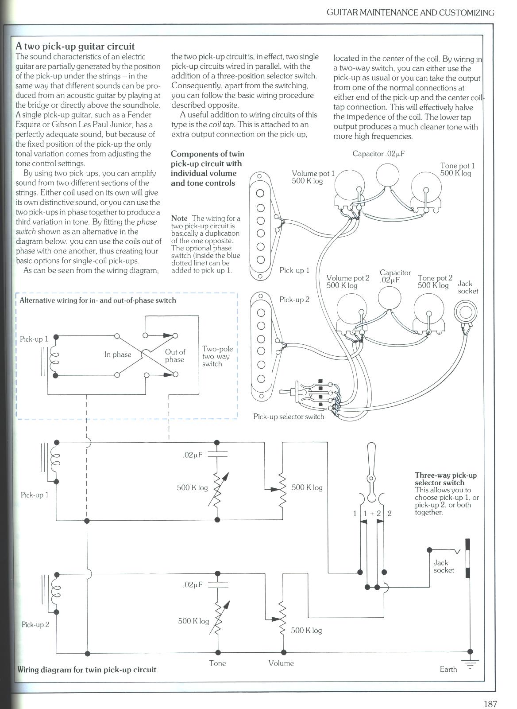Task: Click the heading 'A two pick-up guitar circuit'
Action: (75, 46)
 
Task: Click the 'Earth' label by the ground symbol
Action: (448, 669)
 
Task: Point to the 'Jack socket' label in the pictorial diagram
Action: (467, 287)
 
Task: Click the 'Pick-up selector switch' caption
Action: (289, 417)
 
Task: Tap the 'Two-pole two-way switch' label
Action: (217, 356)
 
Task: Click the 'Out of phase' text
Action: (175, 356)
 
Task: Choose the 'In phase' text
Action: (118, 354)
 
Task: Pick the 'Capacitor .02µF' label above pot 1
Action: (378, 154)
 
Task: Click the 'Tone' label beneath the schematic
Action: (217, 663)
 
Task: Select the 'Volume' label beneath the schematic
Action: (281, 663)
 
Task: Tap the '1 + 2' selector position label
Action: (372, 514)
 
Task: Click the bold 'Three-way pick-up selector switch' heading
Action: (445, 479)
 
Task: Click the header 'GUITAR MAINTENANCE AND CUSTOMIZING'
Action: (410, 12)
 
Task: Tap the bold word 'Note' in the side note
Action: (179, 218)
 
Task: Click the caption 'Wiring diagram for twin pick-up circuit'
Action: (87, 670)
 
